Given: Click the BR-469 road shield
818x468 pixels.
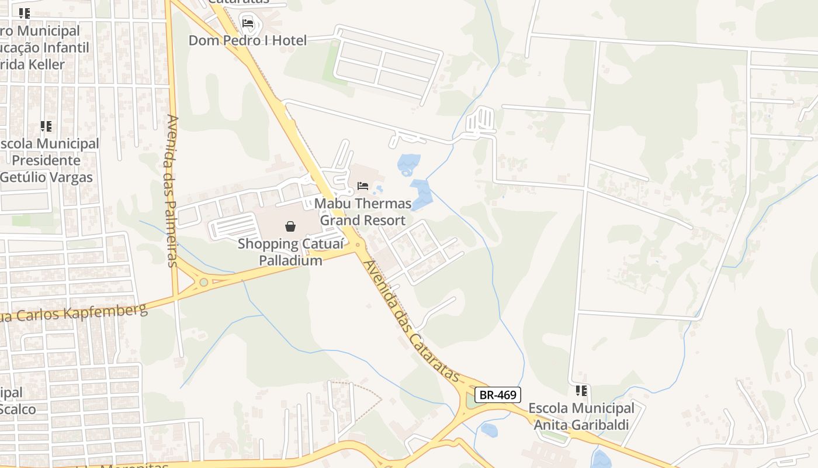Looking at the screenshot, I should point(497,395).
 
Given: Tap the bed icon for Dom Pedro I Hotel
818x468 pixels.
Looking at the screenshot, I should point(248,23).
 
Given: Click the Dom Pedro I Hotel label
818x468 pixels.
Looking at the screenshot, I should point(247,40).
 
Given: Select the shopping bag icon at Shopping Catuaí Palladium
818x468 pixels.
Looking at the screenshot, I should point(290,226).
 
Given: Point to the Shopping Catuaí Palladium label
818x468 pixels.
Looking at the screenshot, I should point(280,252).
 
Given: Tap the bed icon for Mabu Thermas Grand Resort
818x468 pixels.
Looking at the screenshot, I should point(363,186).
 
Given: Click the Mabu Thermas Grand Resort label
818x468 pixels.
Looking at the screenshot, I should point(363,212).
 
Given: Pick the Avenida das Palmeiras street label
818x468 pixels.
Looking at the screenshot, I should point(172,190).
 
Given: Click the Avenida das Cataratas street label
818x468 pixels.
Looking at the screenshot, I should point(409,319).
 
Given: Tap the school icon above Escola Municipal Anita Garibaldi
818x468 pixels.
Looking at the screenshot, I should point(581,390).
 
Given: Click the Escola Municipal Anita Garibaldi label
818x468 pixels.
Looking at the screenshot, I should point(581,417).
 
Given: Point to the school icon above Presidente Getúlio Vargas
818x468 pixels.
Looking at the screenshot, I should point(46,126).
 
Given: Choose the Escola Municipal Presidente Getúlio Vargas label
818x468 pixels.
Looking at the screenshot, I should point(50,160).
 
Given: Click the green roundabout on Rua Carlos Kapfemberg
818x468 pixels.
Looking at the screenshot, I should point(203,283).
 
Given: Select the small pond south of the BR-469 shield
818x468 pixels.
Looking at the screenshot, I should point(489,430).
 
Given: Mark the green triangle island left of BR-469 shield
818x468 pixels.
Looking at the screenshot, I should point(470,402).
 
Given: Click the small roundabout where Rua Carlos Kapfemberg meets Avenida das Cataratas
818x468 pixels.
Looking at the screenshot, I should point(358,244).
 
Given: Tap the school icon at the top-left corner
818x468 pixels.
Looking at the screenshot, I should point(24,13).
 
